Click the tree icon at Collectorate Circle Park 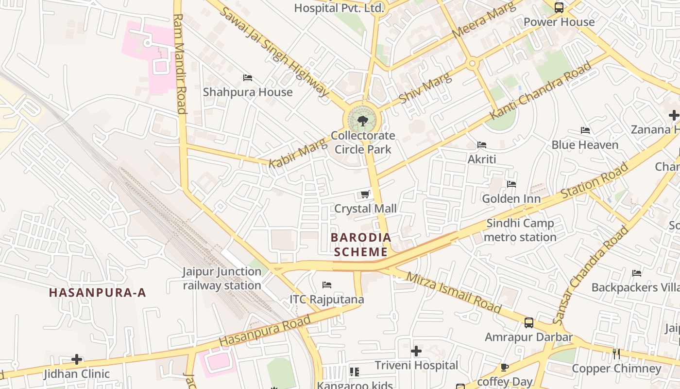362,121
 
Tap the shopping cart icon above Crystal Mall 365,194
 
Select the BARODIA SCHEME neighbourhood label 361,245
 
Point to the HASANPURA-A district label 98,292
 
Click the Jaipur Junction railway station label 222,279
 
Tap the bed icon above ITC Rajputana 327,285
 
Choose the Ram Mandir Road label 180,63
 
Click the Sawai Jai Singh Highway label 275,51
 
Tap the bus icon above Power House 559,8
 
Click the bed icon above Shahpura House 248,78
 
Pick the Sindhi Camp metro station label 520,230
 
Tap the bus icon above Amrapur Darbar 529,323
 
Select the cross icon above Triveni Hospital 416,351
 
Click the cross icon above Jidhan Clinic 77,360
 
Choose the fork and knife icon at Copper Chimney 616,354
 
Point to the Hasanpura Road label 265,331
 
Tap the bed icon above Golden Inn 511,184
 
